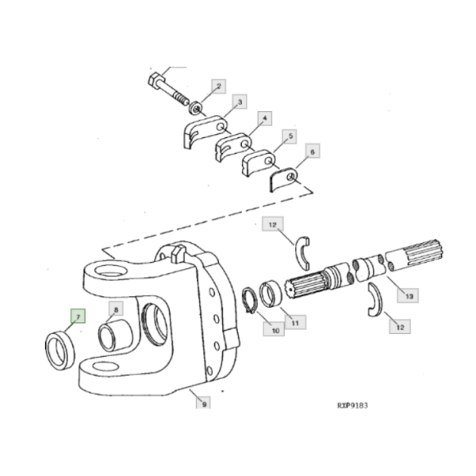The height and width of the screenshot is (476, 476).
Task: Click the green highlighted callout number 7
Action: (x=78, y=316)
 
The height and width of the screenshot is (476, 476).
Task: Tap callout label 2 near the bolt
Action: (x=219, y=86)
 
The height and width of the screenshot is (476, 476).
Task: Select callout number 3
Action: (x=240, y=102)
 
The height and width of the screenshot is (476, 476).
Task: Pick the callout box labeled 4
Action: (x=265, y=118)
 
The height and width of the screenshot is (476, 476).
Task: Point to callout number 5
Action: (x=290, y=136)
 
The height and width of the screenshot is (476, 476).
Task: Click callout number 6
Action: (x=313, y=151)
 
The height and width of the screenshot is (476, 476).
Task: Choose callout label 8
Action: (x=116, y=309)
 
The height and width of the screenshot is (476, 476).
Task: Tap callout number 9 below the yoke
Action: (x=204, y=403)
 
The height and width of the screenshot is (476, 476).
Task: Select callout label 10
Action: (x=274, y=329)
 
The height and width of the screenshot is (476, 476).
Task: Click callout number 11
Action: (x=295, y=322)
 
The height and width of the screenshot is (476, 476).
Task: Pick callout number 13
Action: (x=408, y=296)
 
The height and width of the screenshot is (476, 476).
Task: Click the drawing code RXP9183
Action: (x=352, y=405)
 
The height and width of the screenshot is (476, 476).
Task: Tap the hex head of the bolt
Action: (x=156, y=81)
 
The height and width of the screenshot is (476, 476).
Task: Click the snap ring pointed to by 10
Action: (x=250, y=300)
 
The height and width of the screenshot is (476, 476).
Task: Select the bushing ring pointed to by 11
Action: (x=271, y=294)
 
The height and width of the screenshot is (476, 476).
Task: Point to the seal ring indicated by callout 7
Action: (x=59, y=351)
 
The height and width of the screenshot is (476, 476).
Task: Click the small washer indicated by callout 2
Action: (x=196, y=108)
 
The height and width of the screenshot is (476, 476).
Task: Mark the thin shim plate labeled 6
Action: (x=283, y=180)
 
